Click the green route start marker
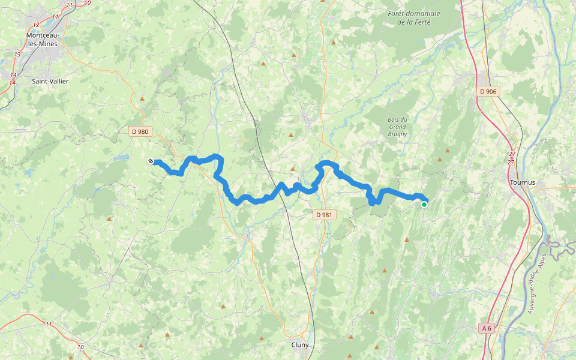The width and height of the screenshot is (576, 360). tap(424, 205)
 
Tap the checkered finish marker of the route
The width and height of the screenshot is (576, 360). tap(151, 161)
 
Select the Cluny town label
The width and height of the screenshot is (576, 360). tap(300, 345)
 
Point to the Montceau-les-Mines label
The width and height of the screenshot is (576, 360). tap(43, 40)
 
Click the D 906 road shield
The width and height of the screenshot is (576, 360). tap(488, 91)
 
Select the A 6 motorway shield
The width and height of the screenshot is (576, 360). tap(486, 328)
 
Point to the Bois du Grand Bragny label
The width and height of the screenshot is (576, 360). tap(398, 127)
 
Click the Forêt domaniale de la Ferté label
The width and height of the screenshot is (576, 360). tap(414, 18)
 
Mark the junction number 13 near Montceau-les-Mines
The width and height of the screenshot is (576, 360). tap(17, 55)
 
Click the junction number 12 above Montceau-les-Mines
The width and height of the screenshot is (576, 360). tap(37, 25)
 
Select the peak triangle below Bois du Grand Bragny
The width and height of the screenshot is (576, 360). tap(440, 160)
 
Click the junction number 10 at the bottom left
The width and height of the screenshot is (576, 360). tap(80, 347)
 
